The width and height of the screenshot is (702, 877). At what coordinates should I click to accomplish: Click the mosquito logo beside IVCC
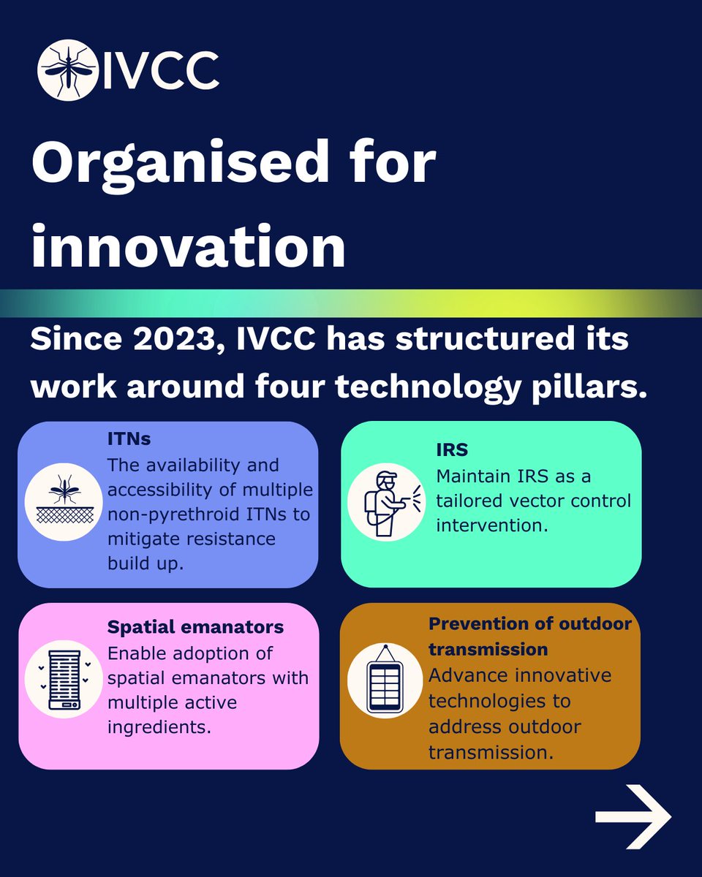67,69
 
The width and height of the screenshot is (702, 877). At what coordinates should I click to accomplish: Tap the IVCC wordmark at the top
160,70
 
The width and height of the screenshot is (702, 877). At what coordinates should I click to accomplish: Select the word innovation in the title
188,248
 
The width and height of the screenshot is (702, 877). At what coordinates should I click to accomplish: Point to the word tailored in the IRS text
469,501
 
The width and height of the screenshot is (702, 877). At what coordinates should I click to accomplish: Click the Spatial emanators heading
195,627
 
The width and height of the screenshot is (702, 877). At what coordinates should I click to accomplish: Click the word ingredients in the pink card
164,728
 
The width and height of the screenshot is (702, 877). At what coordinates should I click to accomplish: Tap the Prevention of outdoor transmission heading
529,636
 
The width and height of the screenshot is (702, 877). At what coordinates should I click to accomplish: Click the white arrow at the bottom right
632,816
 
